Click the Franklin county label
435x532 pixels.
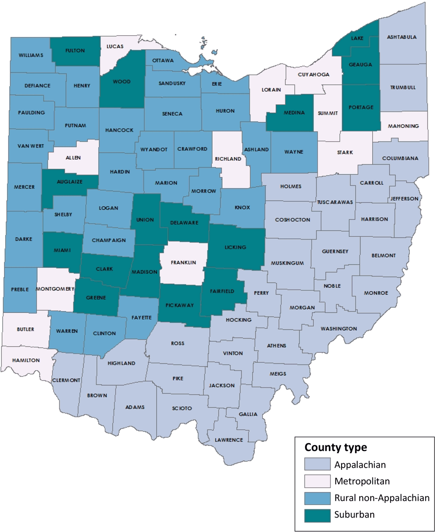click(x=183, y=263)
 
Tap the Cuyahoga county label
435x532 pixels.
click(x=313, y=74)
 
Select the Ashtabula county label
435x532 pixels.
click(x=402, y=37)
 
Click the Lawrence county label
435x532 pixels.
click(x=229, y=440)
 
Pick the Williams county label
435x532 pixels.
click(x=31, y=55)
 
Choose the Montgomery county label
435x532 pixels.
click(x=56, y=289)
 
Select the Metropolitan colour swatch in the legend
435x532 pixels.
click(x=316, y=481)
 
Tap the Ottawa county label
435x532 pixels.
click(x=163, y=61)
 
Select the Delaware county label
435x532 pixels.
click(x=184, y=222)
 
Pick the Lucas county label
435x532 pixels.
click(x=114, y=46)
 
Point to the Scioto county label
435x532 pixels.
click(x=182, y=408)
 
